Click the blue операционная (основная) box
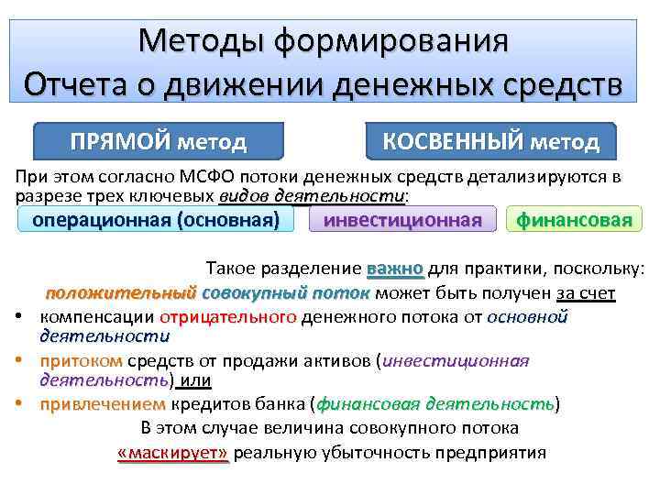point(156,220)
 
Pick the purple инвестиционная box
point(402,220)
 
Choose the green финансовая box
point(574,220)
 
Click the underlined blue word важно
point(395,269)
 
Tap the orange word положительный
point(121,293)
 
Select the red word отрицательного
point(228,317)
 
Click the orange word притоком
point(82,360)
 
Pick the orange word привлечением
point(103,404)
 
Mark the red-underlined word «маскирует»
point(173,453)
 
